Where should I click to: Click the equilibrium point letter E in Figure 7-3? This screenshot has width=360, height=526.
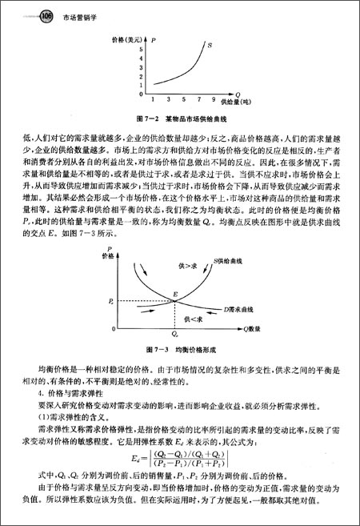[x=174, y=294]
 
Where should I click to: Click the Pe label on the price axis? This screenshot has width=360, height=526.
[x=110, y=301]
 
